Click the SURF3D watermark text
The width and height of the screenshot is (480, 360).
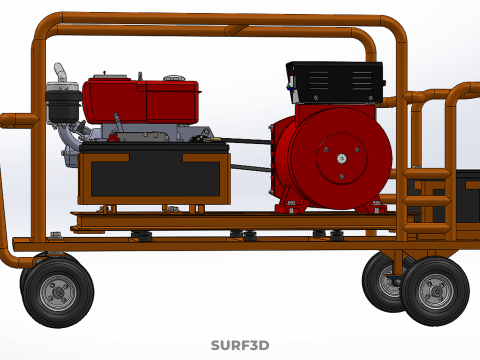240,346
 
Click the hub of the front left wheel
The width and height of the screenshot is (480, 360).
57,292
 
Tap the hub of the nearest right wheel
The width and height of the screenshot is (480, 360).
435,290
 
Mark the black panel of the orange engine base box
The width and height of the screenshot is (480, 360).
155,177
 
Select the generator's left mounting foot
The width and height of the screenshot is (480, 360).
292,207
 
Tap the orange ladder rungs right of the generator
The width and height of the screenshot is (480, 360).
428,190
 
